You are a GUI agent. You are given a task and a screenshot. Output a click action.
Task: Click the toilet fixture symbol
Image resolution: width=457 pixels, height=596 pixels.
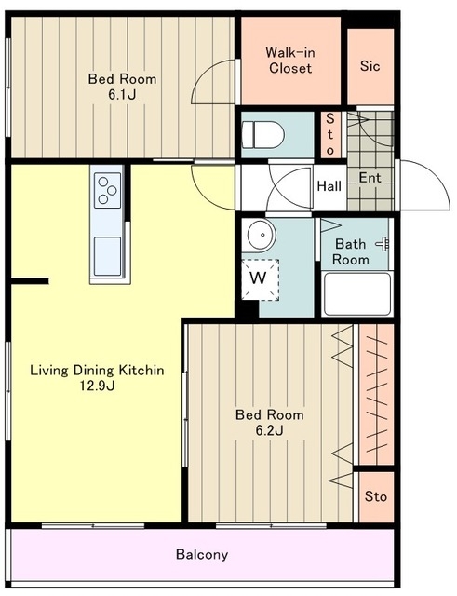point(262,134)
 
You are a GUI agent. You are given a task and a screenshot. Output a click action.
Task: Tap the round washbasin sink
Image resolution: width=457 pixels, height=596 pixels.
point(261,236)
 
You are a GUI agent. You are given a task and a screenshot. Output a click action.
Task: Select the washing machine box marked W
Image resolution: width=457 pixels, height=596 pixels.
point(261,279)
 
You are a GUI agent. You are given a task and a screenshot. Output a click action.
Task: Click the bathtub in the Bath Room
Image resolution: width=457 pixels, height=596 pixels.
point(357,294)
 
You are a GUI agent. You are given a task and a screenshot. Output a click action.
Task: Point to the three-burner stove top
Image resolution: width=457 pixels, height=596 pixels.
point(108,190)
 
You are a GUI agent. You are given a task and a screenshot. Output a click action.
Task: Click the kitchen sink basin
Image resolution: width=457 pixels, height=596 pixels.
point(108,256)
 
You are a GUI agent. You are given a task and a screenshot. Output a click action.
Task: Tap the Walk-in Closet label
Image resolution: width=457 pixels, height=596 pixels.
point(290,61)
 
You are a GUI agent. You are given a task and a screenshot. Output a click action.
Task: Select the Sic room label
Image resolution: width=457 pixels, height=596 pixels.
point(370,66)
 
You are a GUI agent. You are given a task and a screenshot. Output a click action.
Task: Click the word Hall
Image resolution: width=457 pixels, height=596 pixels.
point(329,186)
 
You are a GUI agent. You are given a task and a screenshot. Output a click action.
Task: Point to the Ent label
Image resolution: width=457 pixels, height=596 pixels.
point(370,178)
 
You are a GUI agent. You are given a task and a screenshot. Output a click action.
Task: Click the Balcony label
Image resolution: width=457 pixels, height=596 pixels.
point(202,555)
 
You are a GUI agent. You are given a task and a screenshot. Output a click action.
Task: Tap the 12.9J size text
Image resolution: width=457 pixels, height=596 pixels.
point(97,386)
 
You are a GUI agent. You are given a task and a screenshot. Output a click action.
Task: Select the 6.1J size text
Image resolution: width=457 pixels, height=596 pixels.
point(122,95)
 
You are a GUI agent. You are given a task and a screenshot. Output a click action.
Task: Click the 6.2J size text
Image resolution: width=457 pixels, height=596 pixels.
point(269,430)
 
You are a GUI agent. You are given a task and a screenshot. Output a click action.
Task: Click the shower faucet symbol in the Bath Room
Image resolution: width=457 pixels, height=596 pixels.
point(383,244)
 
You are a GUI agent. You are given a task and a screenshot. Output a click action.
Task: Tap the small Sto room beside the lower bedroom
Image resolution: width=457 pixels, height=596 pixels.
point(376,497)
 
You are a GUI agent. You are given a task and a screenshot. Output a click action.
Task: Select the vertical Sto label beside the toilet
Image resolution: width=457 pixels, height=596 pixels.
point(330,134)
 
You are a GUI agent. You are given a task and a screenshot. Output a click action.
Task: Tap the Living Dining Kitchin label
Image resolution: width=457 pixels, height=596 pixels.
point(97,370)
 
